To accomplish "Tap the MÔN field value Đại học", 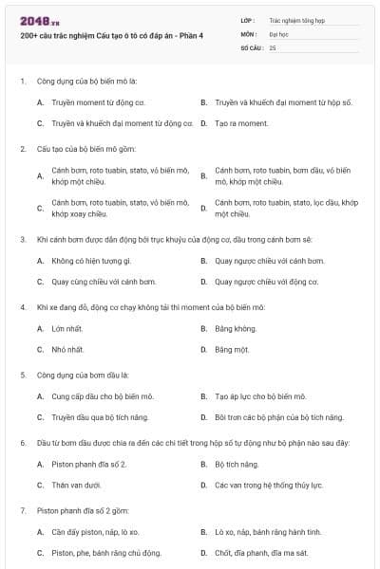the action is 279,33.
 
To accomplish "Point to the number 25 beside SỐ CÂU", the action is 273,47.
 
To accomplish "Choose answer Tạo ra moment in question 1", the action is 235,123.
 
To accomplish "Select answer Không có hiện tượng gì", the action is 91,260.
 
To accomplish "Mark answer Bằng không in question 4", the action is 236,328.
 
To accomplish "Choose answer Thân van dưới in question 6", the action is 77,486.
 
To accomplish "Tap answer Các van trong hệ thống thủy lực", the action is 269,486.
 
